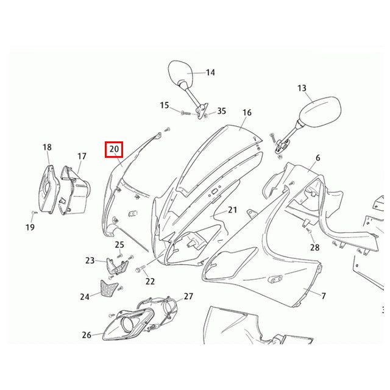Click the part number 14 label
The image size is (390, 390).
[x=210, y=73]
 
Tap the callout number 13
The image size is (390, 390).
[x=302, y=88]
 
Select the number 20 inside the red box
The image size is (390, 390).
[x=114, y=149]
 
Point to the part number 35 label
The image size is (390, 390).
[x=221, y=111]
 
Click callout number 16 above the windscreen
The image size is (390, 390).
[x=247, y=112]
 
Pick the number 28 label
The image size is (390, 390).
[x=314, y=247]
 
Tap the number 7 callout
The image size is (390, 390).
[x=324, y=296]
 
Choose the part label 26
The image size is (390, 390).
[x=87, y=335]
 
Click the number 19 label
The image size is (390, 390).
[x=30, y=227]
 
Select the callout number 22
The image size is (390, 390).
[x=150, y=282]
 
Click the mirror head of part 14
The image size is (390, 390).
[x=180, y=73]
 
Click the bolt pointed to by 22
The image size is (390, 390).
[x=140, y=269]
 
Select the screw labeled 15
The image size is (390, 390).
[x=186, y=113]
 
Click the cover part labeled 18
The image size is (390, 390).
[x=49, y=190]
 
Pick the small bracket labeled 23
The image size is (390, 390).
[x=117, y=266]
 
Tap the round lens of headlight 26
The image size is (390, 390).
[x=127, y=325]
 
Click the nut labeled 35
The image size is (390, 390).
[x=206, y=116]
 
